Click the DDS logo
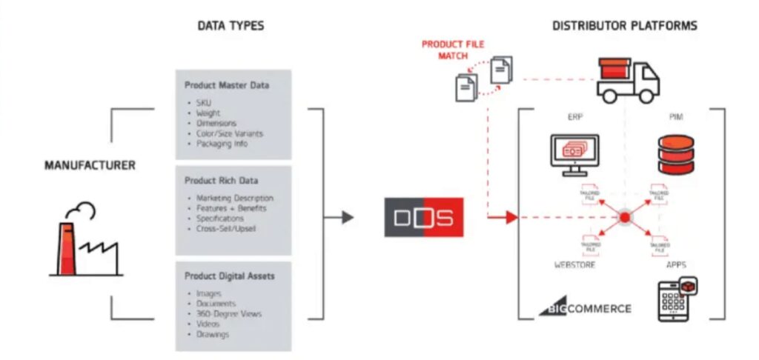click(x=423, y=217)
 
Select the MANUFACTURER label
click(x=90, y=164)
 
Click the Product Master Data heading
click(x=227, y=85)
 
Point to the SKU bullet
click(x=204, y=102)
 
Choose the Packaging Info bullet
click(x=222, y=144)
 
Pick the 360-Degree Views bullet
click(x=229, y=314)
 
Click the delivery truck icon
click(x=627, y=79)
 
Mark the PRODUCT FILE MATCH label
click(x=452, y=49)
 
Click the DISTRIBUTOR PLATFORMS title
click(x=624, y=26)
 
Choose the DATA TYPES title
click(x=231, y=26)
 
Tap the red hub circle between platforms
click(x=624, y=217)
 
